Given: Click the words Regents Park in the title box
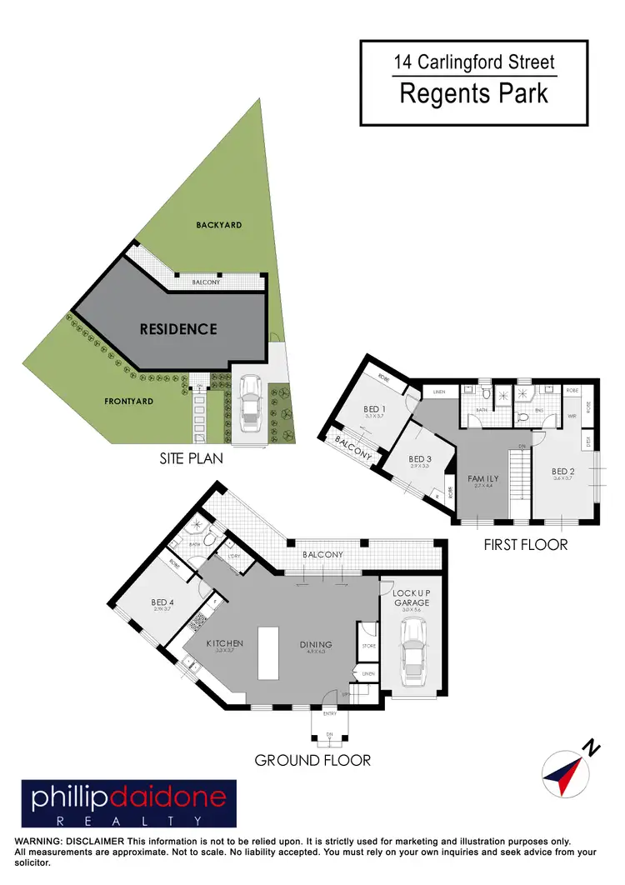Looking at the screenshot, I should coord(473,93).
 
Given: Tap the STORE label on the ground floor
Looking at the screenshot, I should coord(367,645).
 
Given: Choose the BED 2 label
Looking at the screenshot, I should coord(563,472).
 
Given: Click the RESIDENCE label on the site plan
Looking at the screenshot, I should coord(178,329).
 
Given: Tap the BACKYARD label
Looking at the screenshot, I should coord(219,225).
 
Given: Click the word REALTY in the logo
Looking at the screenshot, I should coord(129,821).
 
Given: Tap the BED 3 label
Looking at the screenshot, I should coord(420,459).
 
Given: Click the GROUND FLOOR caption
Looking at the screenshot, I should coord(312,760).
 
